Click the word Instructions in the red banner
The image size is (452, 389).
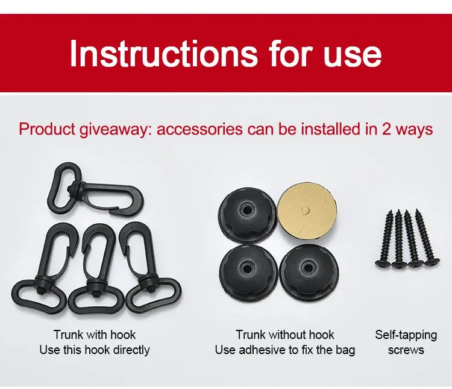click(x=163, y=53)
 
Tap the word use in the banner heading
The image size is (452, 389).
click(x=353, y=56)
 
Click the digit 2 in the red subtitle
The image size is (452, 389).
click(x=387, y=129)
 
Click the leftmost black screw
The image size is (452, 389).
click(x=385, y=238)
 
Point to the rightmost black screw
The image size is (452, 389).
click(x=427, y=236)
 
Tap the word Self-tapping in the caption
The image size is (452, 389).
click(x=406, y=335)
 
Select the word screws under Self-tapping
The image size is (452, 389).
click(x=406, y=350)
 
